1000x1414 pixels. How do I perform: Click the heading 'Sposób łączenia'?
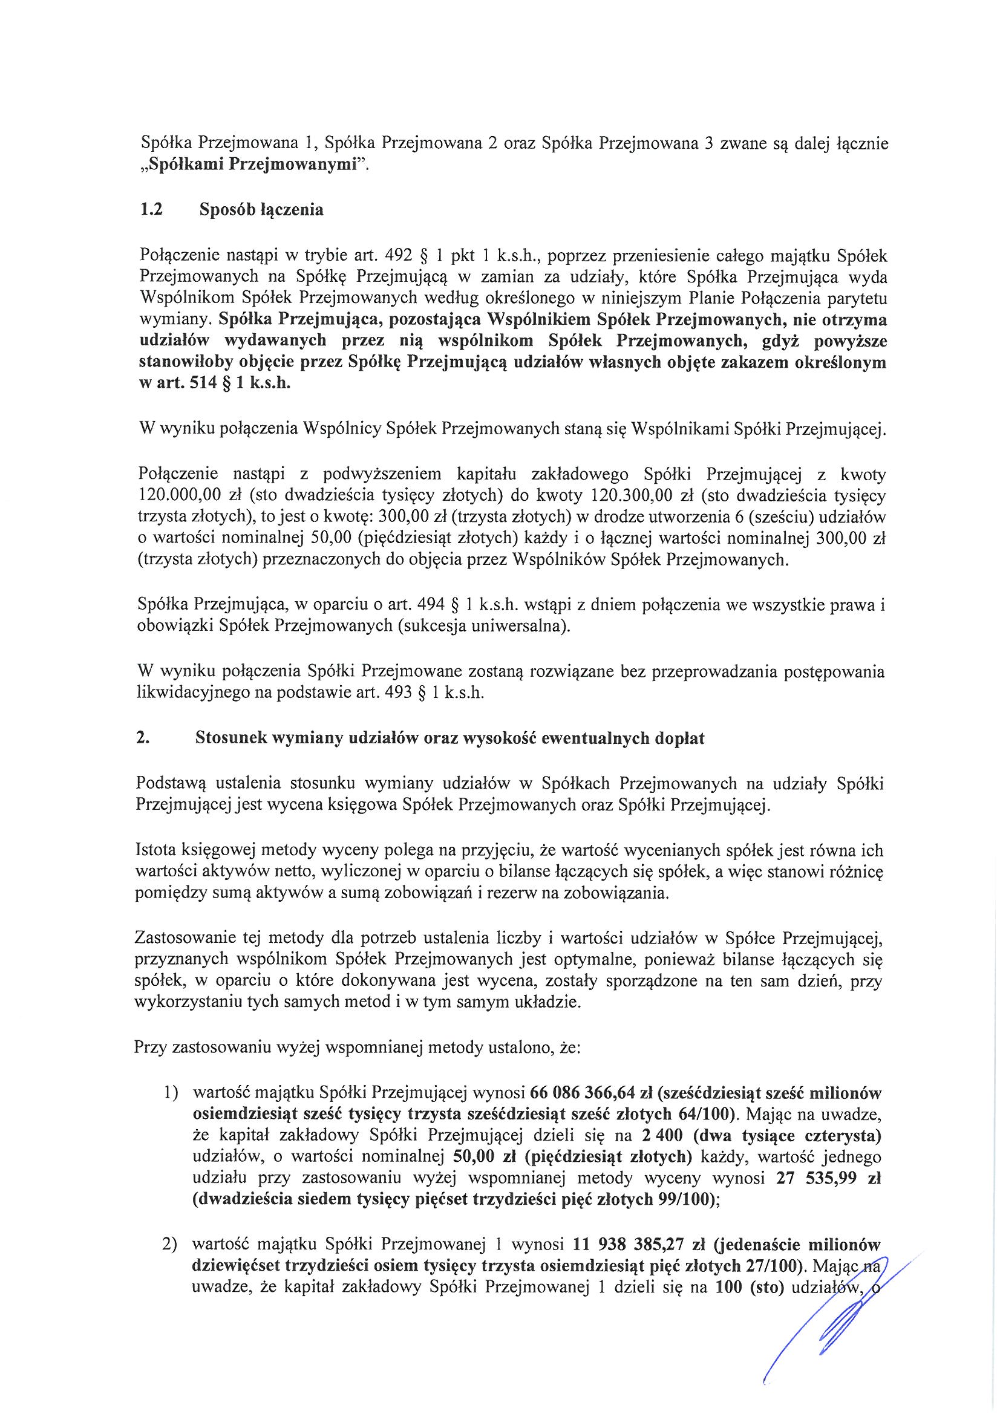pos(261,210)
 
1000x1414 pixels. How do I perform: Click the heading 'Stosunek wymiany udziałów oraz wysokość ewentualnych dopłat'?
pos(449,738)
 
